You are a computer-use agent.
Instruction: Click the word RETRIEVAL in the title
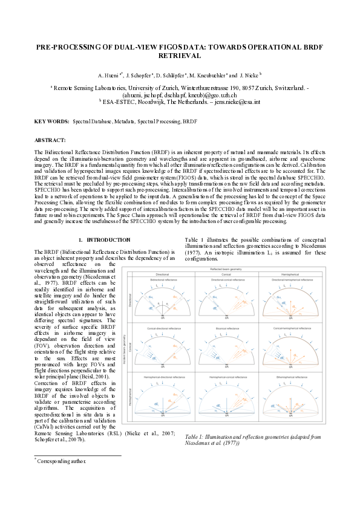[179, 55]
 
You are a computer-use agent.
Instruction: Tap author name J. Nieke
[249, 76]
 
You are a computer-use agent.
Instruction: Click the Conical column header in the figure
[226, 275]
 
